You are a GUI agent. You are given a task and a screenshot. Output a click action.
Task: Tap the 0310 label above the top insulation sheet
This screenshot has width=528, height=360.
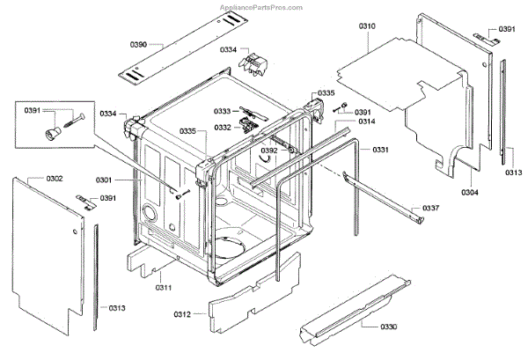pos(368,28)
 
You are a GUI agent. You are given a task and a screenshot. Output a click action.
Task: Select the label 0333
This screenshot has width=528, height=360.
pos(223,111)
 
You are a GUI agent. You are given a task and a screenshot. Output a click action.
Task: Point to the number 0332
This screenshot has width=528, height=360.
pos(223,128)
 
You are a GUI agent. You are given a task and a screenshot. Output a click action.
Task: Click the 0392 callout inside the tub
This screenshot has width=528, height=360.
pos(268,151)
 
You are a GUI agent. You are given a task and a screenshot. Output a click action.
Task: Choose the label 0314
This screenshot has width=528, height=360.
pos(368,121)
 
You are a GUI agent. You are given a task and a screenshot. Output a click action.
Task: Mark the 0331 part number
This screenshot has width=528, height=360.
pos(380,150)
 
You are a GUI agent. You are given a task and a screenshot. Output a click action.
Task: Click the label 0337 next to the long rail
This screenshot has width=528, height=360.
pos(430,208)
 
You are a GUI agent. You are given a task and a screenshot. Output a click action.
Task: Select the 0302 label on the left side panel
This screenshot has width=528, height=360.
pos(54,180)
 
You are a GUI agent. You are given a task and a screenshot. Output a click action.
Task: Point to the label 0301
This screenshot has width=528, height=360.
pos(128,180)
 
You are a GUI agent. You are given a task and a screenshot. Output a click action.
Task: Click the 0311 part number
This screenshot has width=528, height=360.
pos(164,287)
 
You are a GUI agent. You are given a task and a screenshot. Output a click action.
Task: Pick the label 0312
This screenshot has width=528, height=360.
pos(182,314)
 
